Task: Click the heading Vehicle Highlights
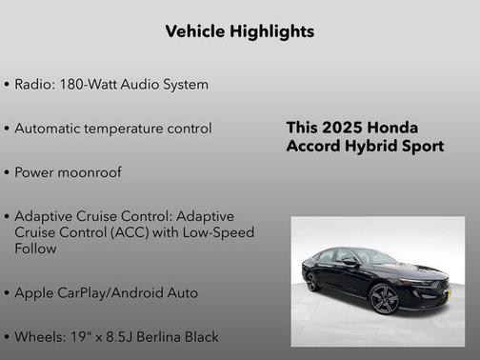239,31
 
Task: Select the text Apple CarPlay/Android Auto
106,292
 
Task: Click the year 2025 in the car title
340,128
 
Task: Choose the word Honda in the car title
390,128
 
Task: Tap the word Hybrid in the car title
373,147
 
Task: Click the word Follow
35,249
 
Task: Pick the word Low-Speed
221,232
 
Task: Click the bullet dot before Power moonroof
7,173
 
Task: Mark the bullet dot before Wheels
7,337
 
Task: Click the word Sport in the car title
422,147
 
